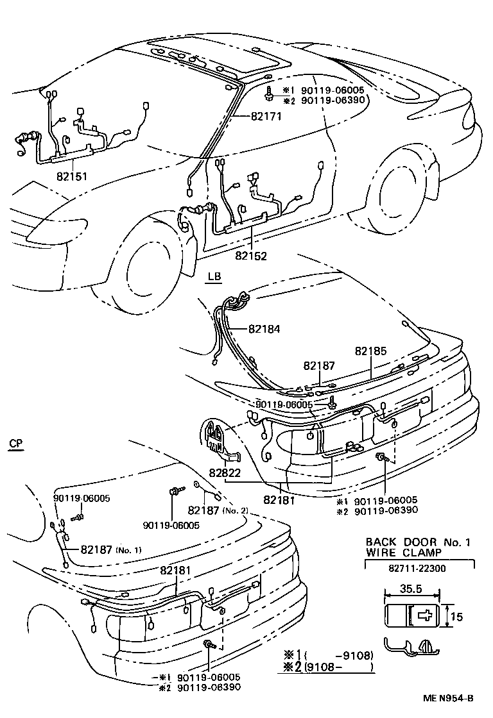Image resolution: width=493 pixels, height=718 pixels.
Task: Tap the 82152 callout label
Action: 251,255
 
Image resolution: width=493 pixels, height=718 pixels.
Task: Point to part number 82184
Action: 264,328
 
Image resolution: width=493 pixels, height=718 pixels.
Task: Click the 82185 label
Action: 370,351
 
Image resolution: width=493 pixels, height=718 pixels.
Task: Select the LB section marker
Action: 214,277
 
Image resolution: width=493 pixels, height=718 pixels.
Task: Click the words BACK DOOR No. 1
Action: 418,542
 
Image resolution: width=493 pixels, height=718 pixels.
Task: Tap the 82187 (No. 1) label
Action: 110,550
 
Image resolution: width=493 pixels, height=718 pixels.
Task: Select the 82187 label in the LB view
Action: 320,365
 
